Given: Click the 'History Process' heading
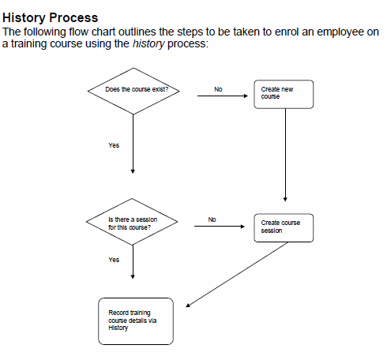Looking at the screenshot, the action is coord(50,18).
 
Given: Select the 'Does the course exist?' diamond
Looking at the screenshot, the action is coord(133,91).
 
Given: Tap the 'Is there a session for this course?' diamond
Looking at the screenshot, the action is coord(132,222).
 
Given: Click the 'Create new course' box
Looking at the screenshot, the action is coord(284,94).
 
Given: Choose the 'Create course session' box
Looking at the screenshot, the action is coord(284,228).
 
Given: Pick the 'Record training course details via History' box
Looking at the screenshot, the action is coord(136,321).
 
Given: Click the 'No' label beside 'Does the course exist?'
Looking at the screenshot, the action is coord(218,89).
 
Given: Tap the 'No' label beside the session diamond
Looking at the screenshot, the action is coord(212,219).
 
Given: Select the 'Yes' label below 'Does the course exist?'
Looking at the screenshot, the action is coord(114,145).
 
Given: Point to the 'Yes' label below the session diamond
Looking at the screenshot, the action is coord(114,260).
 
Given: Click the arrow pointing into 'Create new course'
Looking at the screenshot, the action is coord(223,96).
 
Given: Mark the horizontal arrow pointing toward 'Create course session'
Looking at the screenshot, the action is coord(220,226).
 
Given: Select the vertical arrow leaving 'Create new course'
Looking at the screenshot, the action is coord(285,155).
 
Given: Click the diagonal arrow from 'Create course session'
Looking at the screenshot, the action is coord(237,275).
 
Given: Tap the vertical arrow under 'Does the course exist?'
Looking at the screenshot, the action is coord(133,144).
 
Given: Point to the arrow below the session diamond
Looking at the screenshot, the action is coord(133,262).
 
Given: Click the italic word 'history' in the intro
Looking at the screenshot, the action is coord(148,43).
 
